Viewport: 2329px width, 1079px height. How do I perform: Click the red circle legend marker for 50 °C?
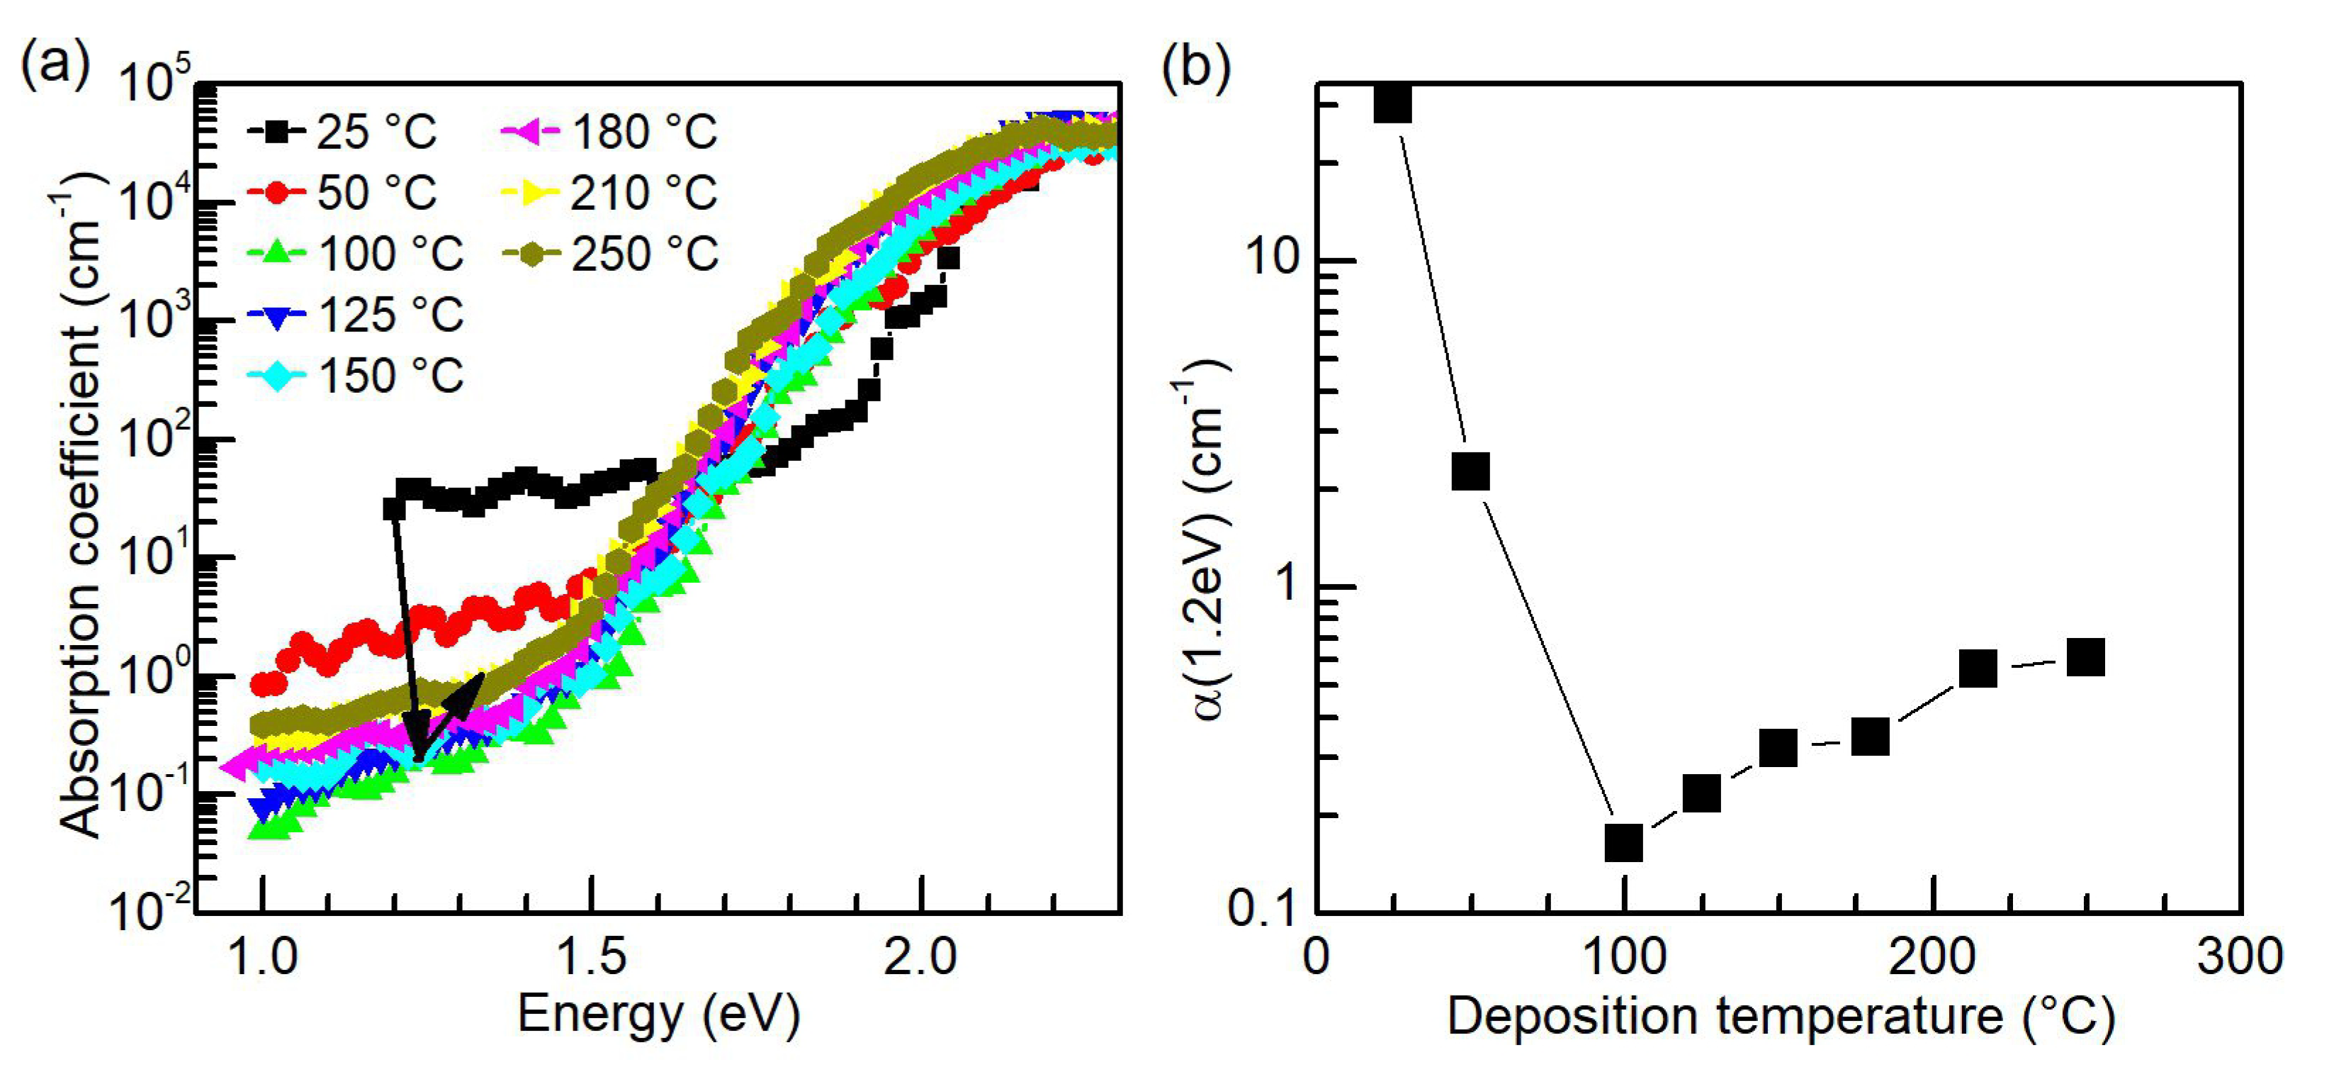(x=281, y=193)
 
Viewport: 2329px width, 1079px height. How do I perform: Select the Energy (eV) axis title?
(x=658, y=1014)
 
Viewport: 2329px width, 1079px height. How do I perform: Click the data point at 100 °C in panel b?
(x=1624, y=843)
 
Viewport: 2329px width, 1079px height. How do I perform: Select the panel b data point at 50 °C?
(x=1470, y=471)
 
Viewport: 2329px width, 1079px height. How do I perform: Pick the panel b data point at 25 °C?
(x=1392, y=103)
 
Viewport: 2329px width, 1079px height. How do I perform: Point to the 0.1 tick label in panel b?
(x=1264, y=907)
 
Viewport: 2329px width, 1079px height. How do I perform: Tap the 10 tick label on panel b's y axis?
(x=1275, y=259)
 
